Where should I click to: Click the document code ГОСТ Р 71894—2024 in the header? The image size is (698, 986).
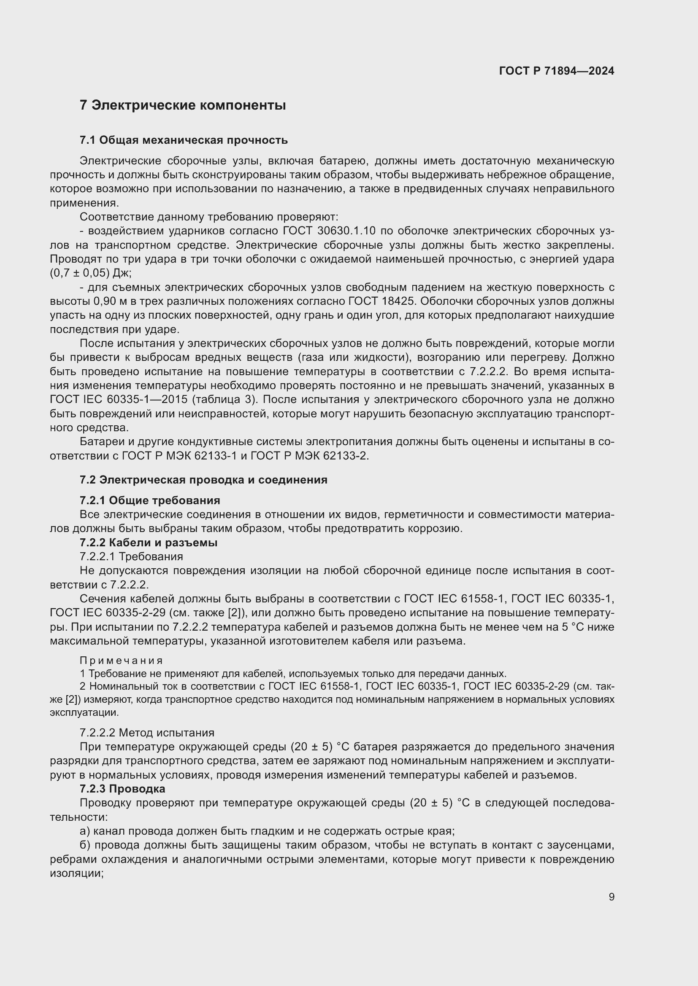click(556, 71)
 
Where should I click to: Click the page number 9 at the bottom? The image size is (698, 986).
click(611, 897)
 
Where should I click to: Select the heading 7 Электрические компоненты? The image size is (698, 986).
click(183, 105)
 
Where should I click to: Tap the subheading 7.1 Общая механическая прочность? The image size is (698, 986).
click(184, 140)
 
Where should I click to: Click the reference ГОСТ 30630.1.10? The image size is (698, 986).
click(329, 231)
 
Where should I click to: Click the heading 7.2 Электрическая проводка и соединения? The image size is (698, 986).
click(203, 480)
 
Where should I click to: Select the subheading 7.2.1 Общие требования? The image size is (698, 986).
click(149, 500)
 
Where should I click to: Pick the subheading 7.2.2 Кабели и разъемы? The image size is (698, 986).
click(148, 543)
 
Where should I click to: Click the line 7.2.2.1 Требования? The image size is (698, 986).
click(131, 556)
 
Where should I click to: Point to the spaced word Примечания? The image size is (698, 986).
click(121, 661)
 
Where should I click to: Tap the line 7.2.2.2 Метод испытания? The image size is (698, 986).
click(146, 733)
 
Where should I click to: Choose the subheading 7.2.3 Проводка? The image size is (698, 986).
click(122, 788)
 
